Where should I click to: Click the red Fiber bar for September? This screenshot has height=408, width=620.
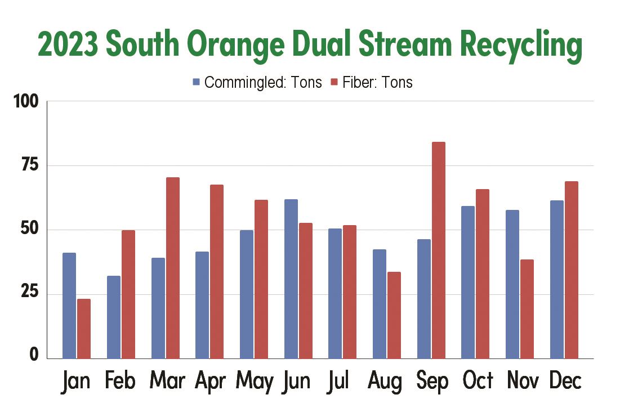pos(438,250)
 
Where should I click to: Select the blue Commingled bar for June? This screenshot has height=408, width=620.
pos(291,279)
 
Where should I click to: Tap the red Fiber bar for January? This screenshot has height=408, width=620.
pos(84,329)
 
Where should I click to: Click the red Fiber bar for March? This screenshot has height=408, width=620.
pos(172,268)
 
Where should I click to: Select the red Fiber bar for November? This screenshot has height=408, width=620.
pos(527,309)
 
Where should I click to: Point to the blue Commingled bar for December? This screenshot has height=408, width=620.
pos(556,279)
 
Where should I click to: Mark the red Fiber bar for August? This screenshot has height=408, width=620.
pos(394,315)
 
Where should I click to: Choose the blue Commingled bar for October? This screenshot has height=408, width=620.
pos(467,282)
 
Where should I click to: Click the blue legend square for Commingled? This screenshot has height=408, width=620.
pos(197,83)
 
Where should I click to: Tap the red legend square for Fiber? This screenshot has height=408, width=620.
pos(334,83)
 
